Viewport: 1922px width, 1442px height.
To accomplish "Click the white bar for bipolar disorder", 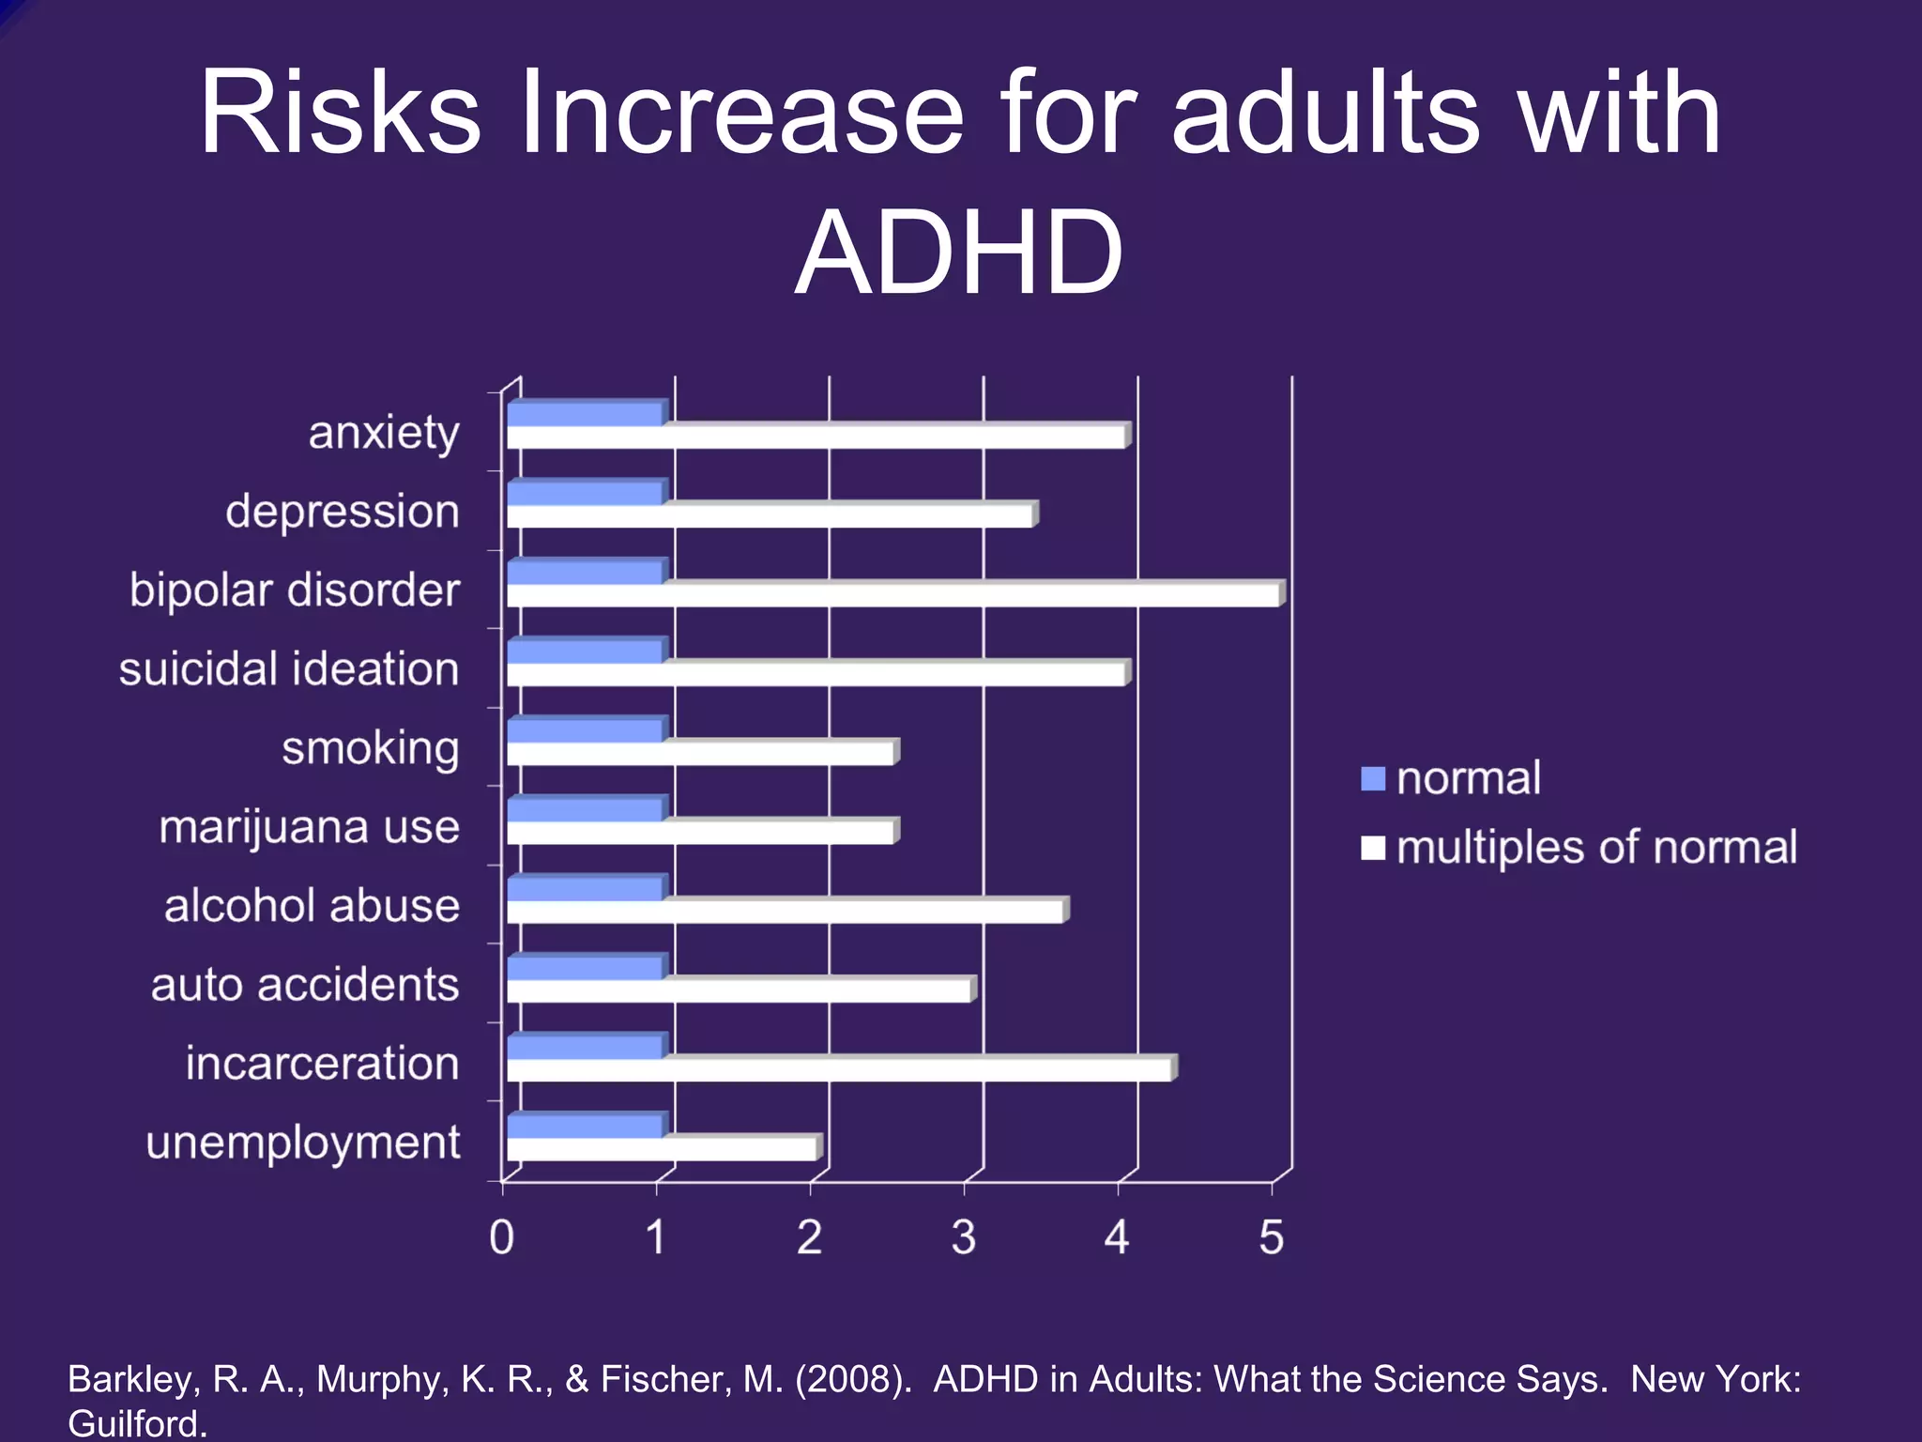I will point(893,596).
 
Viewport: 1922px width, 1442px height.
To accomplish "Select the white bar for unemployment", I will point(662,1149).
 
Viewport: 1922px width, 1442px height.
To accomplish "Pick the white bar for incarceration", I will point(839,1070).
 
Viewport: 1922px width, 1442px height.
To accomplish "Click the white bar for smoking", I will point(700,754).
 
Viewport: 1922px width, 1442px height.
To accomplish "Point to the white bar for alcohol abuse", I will point(785,912).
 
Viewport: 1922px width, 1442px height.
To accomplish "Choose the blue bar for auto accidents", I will point(586,968).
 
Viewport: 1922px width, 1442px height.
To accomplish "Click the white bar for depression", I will point(770,516).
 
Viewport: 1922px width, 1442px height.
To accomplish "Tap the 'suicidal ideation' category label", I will point(289,669).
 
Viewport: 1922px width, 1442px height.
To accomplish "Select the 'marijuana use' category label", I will point(310,828).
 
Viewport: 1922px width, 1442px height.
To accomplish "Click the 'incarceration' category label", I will point(322,1064).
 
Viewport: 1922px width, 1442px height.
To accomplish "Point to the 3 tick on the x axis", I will point(964,1237).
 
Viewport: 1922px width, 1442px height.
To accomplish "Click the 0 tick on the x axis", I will point(502,1237).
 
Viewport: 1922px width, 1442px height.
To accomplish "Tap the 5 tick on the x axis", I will point(1271,1237).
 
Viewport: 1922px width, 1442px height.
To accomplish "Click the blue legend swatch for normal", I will point(1373,778).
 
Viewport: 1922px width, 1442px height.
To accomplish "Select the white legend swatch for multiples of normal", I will point(1373,848).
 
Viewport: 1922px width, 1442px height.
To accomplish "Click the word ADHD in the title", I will point(959,253).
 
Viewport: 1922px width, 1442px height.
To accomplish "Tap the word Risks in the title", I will point(340,113).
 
